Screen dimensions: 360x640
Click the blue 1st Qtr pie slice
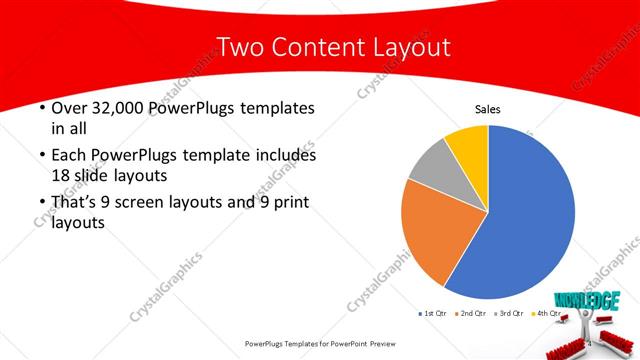[x=530, y=215]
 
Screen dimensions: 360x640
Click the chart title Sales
[x=487, y=110]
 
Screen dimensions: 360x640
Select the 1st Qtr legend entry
[x=433, y=314]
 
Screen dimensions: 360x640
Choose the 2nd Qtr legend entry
[x=470, y=314]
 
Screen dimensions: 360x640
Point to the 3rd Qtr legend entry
[x=511, y=314]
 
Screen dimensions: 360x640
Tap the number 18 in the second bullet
[x=61, y=176]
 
